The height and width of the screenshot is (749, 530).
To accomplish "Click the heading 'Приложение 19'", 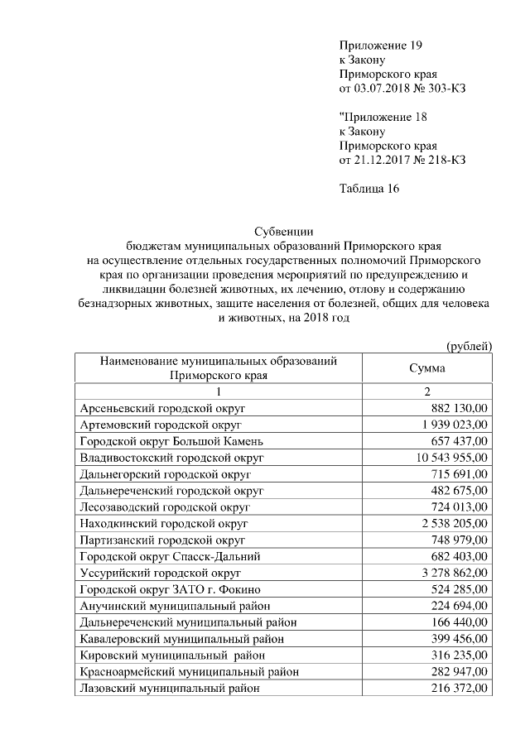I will (386, 45).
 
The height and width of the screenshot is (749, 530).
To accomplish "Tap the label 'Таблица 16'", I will (369, 189).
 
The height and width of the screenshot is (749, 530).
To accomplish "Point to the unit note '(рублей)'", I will (470, 345).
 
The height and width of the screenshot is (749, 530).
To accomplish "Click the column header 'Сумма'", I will (427, 368).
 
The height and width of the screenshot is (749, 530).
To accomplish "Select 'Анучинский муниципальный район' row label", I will (174, 606).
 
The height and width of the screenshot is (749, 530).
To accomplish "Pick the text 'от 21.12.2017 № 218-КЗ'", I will (402, 160).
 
